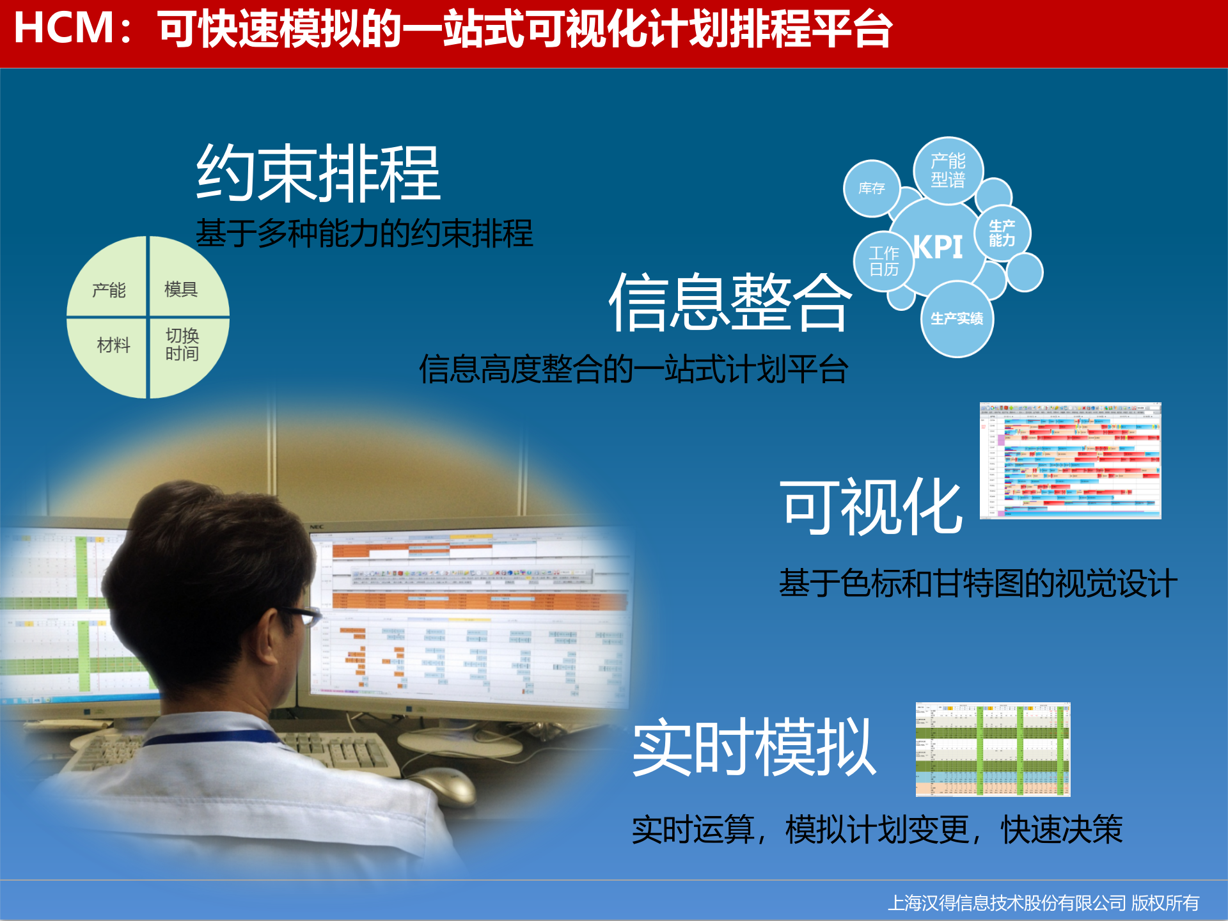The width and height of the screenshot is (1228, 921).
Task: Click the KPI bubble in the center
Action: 938,247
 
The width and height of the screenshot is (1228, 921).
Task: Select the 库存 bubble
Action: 872,189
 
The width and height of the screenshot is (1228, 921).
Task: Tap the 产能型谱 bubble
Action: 948,171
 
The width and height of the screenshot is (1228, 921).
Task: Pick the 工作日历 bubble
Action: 884,262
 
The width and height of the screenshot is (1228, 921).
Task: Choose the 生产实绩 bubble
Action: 957,319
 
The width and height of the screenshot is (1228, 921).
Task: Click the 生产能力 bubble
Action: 1002,233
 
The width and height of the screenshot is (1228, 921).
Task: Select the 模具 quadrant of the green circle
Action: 181,289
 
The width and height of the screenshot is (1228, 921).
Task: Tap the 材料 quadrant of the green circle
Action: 113,345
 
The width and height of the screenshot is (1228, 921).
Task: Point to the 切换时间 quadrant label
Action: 182,345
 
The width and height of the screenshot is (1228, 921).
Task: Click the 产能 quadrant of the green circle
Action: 109,290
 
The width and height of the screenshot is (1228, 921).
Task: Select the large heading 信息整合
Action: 730,302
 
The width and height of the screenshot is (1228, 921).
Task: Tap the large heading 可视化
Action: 871,507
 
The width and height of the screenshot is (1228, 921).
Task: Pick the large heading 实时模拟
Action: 754,747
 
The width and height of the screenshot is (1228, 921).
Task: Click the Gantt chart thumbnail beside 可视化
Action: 1070,460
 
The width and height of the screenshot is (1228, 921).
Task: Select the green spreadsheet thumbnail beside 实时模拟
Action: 993,749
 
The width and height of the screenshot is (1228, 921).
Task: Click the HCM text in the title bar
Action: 64,28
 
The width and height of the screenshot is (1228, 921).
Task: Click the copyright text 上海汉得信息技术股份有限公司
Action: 1007,902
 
